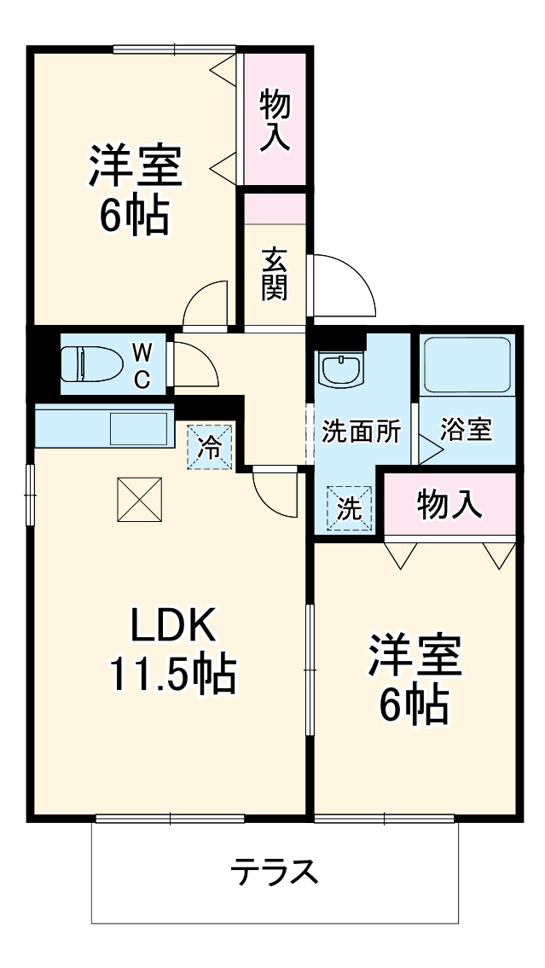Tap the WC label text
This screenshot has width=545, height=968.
[x=142, y=364]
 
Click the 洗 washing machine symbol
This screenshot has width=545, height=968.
[x=350, y=508]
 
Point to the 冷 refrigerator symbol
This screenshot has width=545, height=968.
[x=210, y=445]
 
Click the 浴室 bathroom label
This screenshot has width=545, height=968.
[x=466, y=430]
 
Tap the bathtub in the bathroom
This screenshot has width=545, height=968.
[x=466, y=363]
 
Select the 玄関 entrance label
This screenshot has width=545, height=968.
[x=274, y=274]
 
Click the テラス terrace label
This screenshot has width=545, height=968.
[x=275, y=872]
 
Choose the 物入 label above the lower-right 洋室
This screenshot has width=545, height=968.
[x=449, y=504]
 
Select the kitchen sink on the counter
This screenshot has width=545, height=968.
[x=138, y=427]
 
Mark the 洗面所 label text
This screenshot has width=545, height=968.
[x=361, y=432]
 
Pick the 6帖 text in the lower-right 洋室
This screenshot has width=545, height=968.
[x=415, y=704]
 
